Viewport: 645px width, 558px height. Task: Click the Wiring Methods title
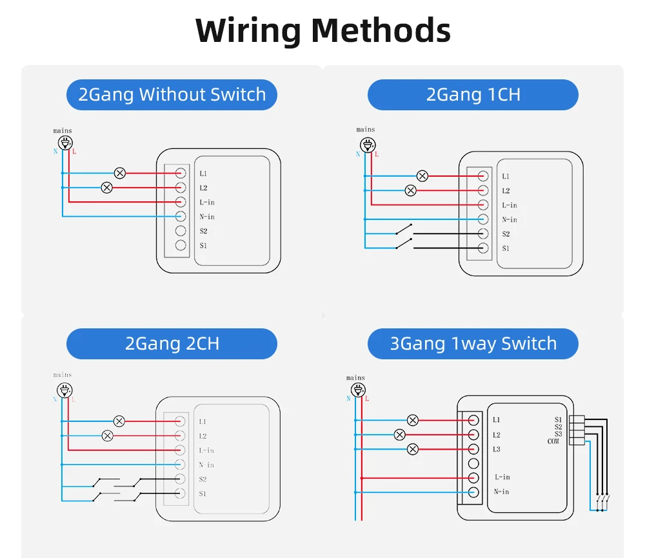tap(322, 30)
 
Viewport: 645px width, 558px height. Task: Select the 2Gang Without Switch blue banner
tap(172, 95)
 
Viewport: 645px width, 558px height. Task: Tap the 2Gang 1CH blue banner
tap(473, 95)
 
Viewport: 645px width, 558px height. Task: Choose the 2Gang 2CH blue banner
tap(172, 344)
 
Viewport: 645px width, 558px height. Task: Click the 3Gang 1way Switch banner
tap(473, 344)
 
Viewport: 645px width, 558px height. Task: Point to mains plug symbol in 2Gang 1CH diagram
tap(366, 144)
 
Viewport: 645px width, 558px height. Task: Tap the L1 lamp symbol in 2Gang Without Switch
tap(119, 173)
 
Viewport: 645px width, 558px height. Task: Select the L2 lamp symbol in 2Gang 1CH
tap(410, 190)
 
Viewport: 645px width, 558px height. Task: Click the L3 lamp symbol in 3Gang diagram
tap(413, 449)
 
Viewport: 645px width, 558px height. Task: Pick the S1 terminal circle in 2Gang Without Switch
tap(181, 245)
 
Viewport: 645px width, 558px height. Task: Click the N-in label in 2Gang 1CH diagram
tap(510, 219)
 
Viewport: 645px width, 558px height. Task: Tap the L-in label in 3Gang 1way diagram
tap(502, 477)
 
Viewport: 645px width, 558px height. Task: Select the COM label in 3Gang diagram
tap(553, 442)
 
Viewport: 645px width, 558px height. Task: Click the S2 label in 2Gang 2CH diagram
tap(203, 479)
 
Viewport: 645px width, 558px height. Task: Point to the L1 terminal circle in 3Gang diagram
tap(473, 421)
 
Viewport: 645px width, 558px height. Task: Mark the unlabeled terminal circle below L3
tap(473, 463)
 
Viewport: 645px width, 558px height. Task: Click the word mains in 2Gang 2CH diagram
tap(63, 375)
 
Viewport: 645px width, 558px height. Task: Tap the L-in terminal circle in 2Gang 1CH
tap(482, 204)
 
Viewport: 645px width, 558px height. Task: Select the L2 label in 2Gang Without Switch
tap(203, 188)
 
